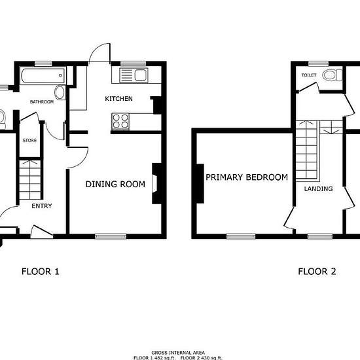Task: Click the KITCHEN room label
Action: (x=118, y=99)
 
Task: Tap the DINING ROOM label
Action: (x=115, y=184)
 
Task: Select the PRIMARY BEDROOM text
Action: (x=247, y=177)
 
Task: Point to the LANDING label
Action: (x=319, y=189)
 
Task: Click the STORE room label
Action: (x=29, y=140)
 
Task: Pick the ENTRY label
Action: (x=42, y=206)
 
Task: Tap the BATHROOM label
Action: (x=42, y=101)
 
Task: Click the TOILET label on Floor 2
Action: (x=309, y=75)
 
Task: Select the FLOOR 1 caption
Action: (x=41, y=272)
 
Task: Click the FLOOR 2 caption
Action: (x=317, y=272)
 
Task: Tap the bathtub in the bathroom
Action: (x=43, y=75)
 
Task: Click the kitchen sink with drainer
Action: (x=134, y=75)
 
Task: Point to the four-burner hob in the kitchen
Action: (x=120, y=121)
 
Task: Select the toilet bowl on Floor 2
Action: (x=333, y=75)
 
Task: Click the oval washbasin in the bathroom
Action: (x=60, y=92)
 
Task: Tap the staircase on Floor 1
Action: (x=30, y=180)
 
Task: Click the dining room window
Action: (x=111, y=236)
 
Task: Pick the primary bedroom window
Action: (x=241, y=236)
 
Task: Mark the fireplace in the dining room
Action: (x=157, y=183)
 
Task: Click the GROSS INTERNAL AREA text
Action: (x=178, y=353)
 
